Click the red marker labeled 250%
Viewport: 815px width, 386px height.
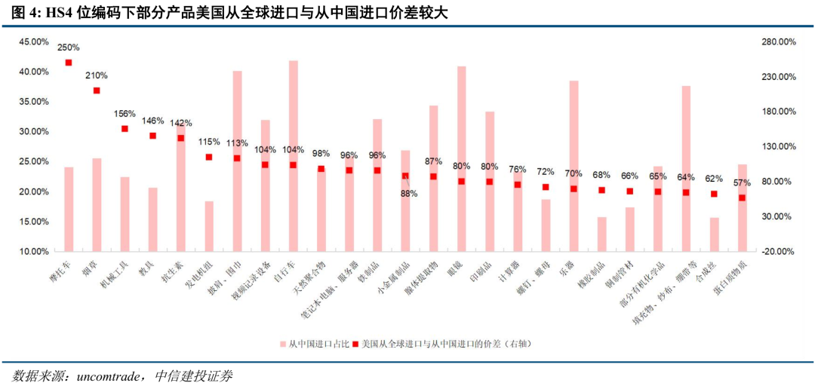(69, 63)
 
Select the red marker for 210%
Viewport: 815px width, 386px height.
(97, 90)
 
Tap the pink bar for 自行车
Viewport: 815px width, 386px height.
(293, 155)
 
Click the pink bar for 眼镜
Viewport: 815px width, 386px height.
(461, 158)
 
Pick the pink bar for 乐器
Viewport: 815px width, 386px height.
(574, 166)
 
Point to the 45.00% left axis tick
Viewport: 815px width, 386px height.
(35, 41)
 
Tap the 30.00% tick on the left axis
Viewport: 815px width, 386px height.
(35, 131)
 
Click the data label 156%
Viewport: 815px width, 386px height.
(125, 114)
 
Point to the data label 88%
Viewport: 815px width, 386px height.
(408, 194)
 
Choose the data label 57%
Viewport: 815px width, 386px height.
(742, 183)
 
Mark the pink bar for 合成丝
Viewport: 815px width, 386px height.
(714, 234)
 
